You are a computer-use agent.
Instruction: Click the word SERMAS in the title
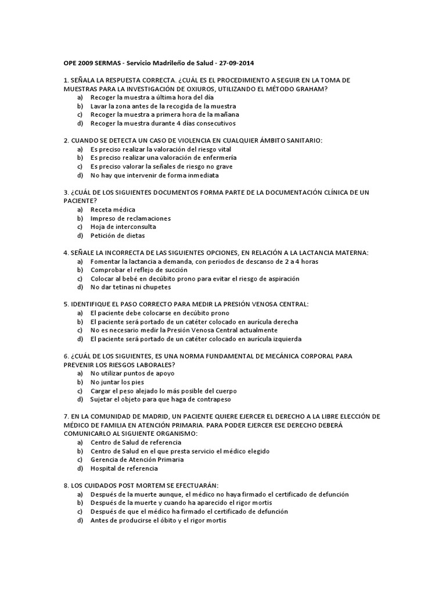[101, 62]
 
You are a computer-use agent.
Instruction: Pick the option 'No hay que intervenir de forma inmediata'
[154, 175]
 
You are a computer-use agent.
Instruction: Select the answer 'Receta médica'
[113, 209]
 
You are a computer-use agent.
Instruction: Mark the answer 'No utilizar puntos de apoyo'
[132, 374]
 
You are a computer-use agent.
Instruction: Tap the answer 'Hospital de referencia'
[124, 468]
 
